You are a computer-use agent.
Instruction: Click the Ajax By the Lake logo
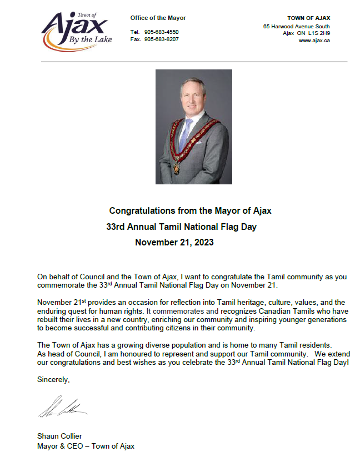77,31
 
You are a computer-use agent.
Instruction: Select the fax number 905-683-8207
162,39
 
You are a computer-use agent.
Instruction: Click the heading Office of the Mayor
158,18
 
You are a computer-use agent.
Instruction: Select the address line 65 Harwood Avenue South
296,26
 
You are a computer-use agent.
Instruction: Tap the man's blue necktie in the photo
184,134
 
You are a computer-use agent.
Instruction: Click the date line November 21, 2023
174,243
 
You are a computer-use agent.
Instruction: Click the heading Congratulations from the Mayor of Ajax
190,211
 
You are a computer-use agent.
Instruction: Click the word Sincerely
53,380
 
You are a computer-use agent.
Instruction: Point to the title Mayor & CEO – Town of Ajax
86,446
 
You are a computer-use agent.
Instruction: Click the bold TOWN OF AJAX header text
308,18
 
